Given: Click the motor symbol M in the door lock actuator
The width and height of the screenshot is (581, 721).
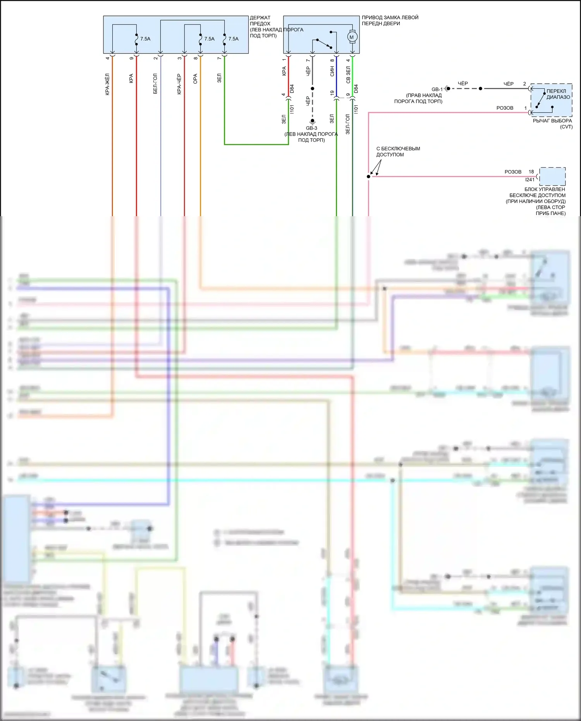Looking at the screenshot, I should (352, 37).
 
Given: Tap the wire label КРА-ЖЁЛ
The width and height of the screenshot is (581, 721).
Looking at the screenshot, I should (107, 84).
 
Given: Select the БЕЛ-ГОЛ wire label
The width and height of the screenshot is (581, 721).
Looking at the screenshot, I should (155, 84).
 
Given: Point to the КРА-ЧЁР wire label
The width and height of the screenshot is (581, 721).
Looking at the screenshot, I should (179, 84).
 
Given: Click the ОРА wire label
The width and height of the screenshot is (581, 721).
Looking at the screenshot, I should (195, 79).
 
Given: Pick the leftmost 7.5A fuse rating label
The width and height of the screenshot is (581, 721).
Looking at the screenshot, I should (145, 39).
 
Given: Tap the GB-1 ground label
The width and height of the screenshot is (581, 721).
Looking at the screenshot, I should (437, 89).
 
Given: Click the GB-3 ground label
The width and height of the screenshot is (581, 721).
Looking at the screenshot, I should (311, 128).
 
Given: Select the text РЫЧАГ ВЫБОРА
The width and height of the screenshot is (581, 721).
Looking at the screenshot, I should (552, 121).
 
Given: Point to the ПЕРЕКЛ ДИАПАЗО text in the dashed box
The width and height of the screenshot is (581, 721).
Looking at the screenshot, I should (558, 94).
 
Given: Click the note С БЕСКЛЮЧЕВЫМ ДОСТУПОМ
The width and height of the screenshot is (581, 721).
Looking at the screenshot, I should (398, 151).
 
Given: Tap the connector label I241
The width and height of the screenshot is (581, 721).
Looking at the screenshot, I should (529, 180).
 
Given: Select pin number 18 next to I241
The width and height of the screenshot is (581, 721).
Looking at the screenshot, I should (531, 172).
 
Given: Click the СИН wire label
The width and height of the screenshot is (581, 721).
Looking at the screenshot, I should (332, 71).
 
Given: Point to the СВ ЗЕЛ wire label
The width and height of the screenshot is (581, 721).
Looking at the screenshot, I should (348, 74).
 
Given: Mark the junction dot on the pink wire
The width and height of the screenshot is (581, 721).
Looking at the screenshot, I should (368, 177).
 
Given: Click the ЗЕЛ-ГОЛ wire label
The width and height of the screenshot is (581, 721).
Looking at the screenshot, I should (347, 124).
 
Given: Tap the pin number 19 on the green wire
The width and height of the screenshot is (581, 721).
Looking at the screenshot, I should (332, 93).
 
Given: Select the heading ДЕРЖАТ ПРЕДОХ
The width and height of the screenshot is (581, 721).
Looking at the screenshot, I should (260, 21).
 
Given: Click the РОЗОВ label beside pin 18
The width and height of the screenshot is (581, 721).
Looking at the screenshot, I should (513, 172).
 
